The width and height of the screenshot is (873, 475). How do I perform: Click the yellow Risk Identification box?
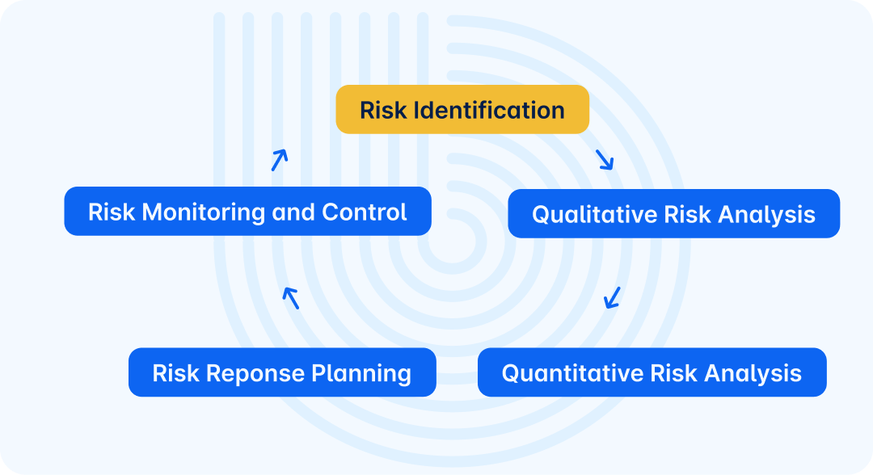[x=462, y=109]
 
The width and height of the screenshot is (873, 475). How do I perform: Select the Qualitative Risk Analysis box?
[x=673, y=214]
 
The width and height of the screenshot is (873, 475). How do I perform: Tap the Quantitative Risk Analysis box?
[x=652, y=372]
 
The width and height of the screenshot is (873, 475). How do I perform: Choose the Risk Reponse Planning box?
[x=282, y=372]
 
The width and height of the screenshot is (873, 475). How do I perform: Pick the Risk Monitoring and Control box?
[x=247, y=212]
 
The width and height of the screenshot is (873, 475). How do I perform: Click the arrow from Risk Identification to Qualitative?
[x=605, y=159]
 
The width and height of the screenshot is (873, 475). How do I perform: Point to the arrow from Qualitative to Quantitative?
[x=613, y=297]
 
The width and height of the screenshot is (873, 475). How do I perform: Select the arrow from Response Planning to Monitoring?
[x=291, y=298]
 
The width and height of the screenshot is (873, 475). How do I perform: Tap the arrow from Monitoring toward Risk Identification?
[x=279, y=160]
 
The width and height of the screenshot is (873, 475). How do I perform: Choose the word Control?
[x=365, y=212]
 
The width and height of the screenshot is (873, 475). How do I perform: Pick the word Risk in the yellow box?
[x=382, y=110]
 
